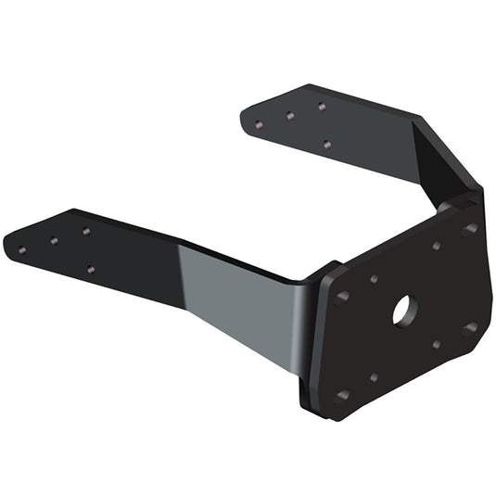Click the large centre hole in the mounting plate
(x=403, y=311)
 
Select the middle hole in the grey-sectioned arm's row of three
(x=54, y=240)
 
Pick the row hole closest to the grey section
(x=85, y=231)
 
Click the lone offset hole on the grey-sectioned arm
(x=90, y=270)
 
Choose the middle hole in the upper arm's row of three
(x=290, y=116)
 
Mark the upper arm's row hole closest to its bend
(x=321, y=107)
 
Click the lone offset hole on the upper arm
(x=326, y=144)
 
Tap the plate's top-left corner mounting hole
(x=342, y=296)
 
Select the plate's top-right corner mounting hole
(x=469, y=227)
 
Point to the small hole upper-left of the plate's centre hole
(x=374, y=278)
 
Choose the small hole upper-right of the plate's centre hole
(x=436, y=246)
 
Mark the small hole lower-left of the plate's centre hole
(x=374, y=377)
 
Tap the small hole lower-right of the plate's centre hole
(x=437, y=344)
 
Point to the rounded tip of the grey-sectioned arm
(x=8, y=243)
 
